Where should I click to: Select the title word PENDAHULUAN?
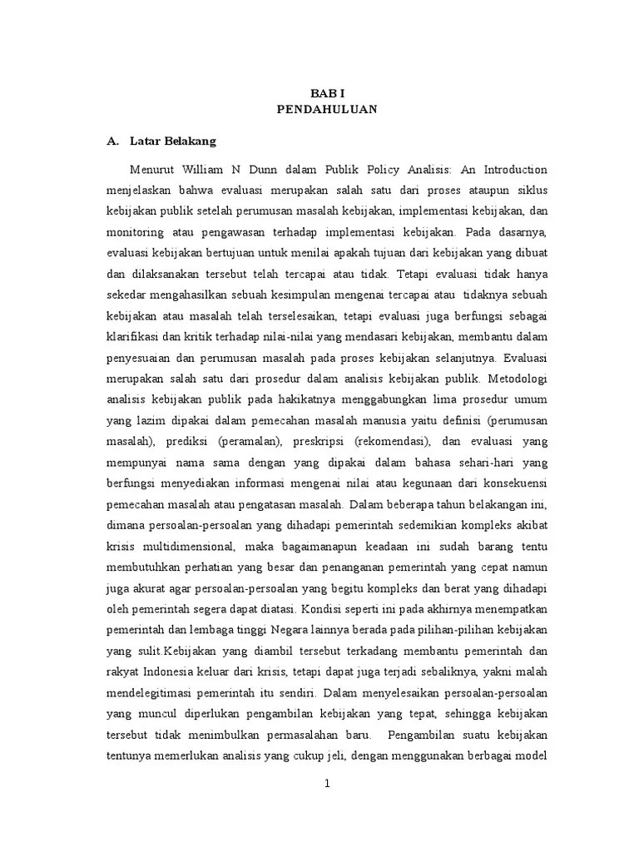pyautogui.click(x=326, y=110)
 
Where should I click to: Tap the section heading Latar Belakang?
pyautogui.click(x=173, y=141)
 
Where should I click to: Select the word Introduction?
pyautogui.click(x=511, y=170)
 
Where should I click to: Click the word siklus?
pyautogui.click(x=530, y=190)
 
